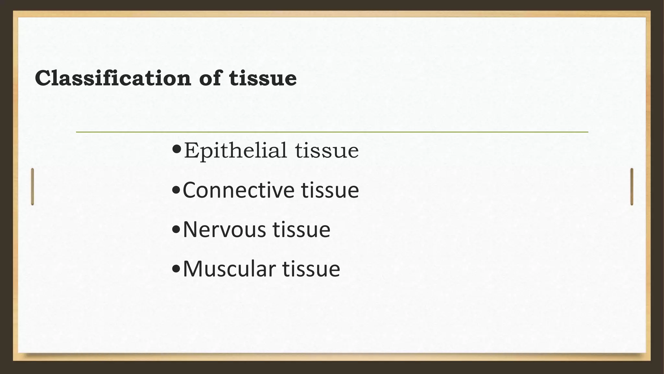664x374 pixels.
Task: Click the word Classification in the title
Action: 113,78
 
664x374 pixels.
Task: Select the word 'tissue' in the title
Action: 263,78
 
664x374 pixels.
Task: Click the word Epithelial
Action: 235,151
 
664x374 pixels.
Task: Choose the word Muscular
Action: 229,269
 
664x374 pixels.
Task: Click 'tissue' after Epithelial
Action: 327,151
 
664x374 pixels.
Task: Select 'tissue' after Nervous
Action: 302,230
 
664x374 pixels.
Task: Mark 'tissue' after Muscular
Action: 311,269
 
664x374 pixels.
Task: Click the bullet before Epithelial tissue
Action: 177,150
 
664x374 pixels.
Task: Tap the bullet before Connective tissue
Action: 176,190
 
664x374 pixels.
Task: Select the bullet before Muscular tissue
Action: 176,269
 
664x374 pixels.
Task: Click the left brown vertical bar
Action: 32,187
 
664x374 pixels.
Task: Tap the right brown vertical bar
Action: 632,187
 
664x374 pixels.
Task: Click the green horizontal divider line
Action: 332,132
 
